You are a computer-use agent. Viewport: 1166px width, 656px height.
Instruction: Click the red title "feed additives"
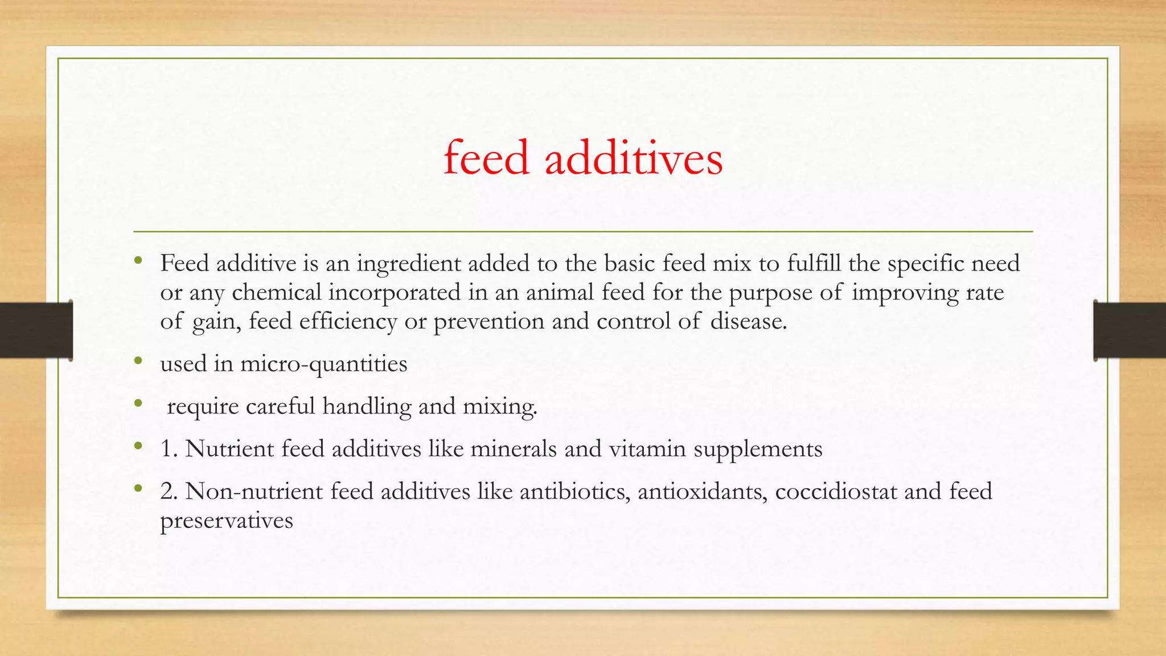(583, 158)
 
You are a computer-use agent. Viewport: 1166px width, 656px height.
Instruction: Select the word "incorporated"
(394, 293)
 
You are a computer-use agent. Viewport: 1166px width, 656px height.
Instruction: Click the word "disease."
(749, 322)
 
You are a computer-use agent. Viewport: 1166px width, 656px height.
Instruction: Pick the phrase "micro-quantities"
(323, 364)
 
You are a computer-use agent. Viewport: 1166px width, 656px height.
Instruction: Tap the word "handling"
(367, 407)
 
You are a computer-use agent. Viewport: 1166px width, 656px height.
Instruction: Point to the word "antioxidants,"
(703, 491)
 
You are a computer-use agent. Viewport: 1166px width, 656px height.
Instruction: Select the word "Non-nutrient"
(254, 491)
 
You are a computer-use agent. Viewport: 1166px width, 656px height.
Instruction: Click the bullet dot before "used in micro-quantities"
(138, 361)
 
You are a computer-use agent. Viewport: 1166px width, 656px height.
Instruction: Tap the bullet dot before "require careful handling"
(138, 404)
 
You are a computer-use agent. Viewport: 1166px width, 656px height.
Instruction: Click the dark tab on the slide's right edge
(1130, 330)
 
